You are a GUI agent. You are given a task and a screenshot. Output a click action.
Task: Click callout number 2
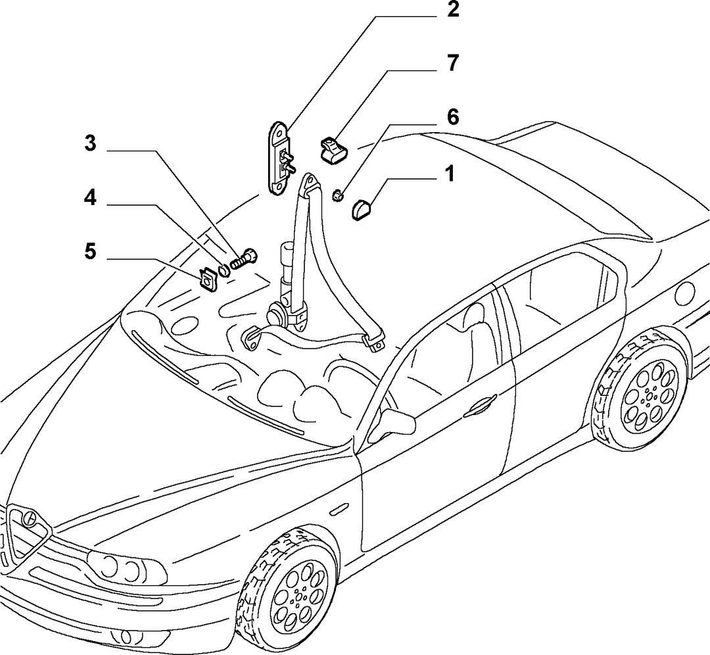pos(452,9)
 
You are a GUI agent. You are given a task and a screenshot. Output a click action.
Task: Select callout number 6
pos(452,117)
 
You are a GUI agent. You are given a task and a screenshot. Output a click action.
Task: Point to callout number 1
pos(449,174)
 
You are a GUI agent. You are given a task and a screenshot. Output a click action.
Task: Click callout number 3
pos(91,143)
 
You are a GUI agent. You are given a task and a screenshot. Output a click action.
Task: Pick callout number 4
pos(91,197)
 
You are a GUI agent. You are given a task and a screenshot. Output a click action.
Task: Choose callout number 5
pos(91,251)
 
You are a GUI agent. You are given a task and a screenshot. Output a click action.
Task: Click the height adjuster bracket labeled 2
pos(280,158)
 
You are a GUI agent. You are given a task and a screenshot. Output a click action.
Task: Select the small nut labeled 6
pos(338,196)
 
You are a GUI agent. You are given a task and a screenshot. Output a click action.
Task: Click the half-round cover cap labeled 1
pos(361,209)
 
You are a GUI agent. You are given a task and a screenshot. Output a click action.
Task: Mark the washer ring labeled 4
pos(224,270)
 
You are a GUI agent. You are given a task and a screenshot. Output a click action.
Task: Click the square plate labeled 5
pos(208,278)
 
